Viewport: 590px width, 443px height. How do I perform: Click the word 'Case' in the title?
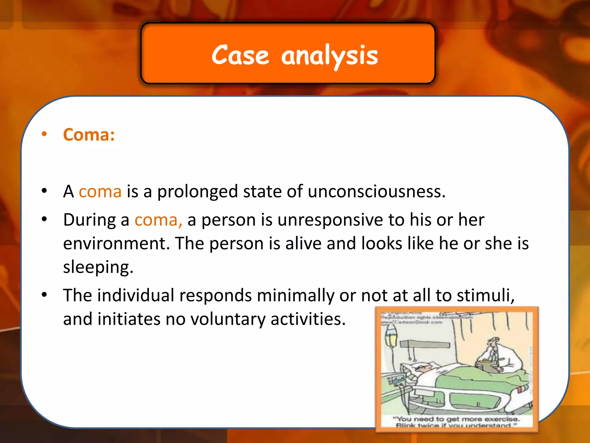(240, 55)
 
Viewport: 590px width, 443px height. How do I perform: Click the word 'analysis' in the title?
(329, 56)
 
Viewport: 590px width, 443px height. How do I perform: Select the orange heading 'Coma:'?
(89, 135)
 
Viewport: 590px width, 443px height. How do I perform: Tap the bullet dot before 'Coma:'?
(44, 134)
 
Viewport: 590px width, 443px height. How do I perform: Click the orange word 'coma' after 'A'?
(100, 192)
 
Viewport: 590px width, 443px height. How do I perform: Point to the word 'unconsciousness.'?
(377, 192)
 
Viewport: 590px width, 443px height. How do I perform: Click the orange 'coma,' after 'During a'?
(158, 220)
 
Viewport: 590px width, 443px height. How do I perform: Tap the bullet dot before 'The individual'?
(44, 295)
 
